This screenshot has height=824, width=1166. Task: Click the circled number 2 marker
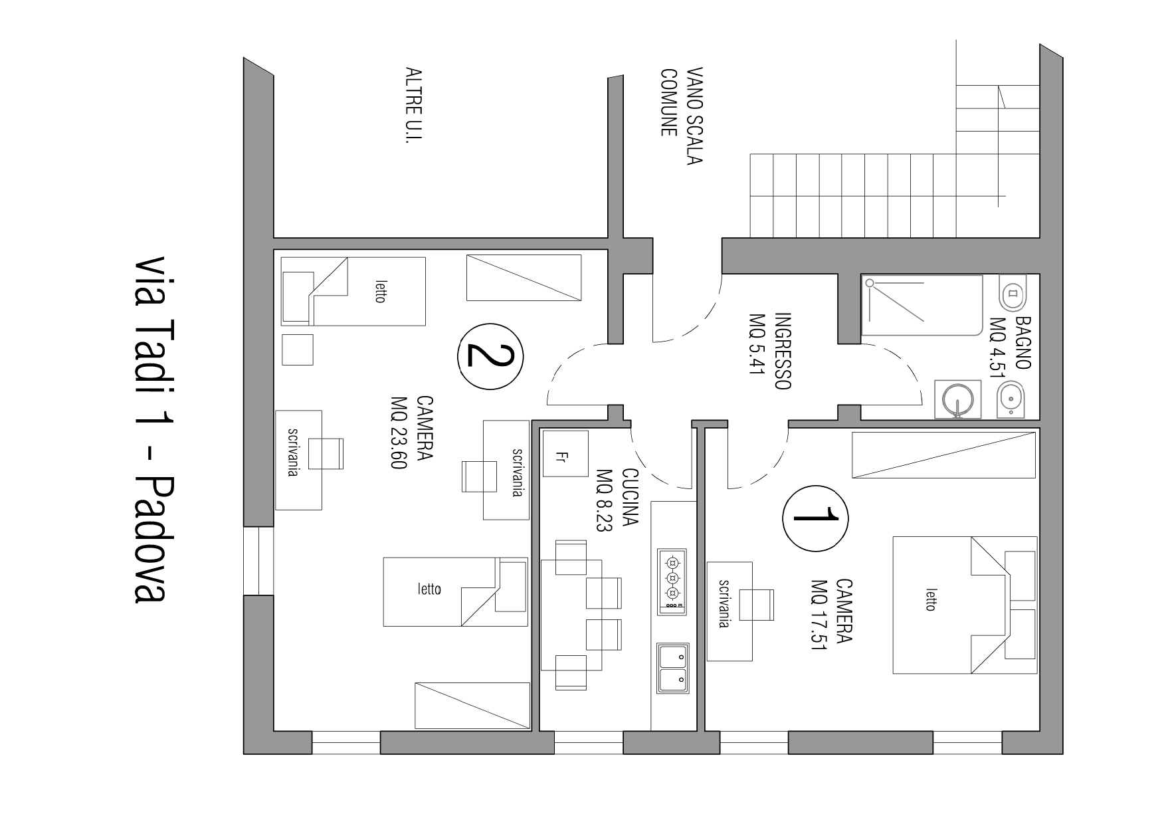pos(490,357)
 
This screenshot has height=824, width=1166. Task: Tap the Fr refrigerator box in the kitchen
pos(565,453)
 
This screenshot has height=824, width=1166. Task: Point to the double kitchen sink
pos(672,669)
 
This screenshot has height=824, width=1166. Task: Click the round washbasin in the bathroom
pos(957,399)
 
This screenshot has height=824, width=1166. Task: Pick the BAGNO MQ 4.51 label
pos(1011,348)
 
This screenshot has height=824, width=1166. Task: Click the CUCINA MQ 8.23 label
pos(617,498)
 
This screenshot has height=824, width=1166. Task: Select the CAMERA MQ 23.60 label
pos(412,433)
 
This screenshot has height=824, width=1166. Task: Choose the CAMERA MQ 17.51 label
pos(831,613)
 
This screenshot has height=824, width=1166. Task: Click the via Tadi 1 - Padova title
pos(150,429)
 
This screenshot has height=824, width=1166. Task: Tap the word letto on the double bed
pos(931,599)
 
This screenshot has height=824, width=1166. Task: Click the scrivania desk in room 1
pos(729,611)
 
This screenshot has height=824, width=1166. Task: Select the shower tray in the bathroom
pos(922,306)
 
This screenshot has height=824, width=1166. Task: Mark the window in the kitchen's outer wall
pos(589,742)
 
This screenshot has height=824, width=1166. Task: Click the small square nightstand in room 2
pos(297,350)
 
